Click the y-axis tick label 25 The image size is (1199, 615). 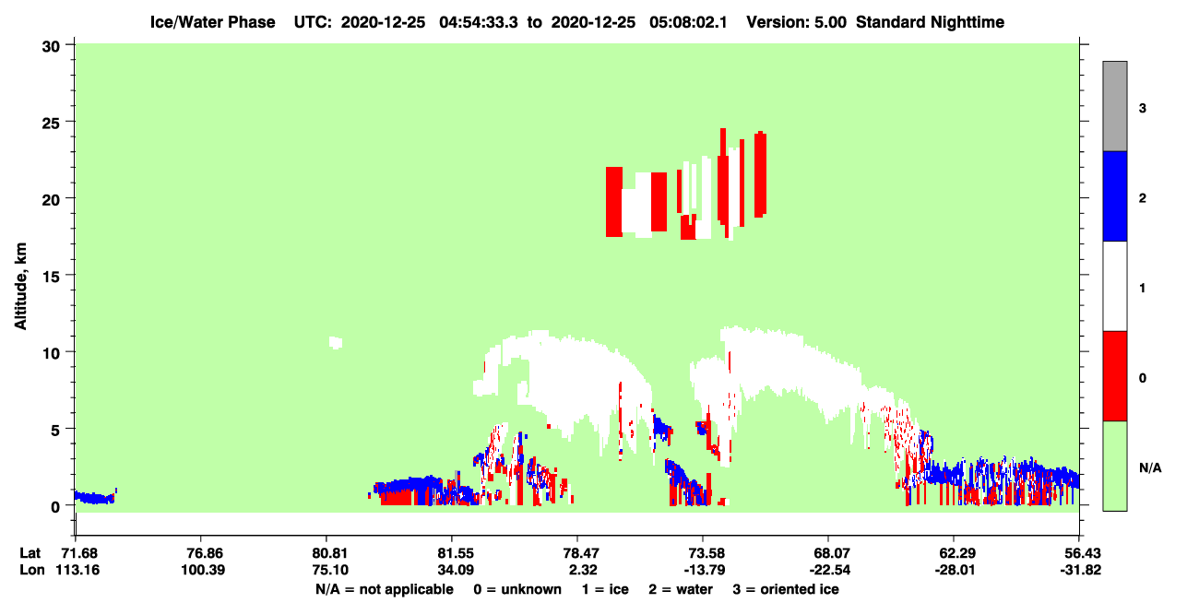[51, 123]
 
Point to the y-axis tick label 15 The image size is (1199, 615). [51, 277]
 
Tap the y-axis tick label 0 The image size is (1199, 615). [55, 506]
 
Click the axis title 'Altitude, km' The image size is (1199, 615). [20, 286]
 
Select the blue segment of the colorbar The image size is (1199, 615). [1115, 195]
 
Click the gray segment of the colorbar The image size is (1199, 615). [1115, 106]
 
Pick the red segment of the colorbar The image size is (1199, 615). [1115, 376]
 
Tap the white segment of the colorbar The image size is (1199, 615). [1115, 286]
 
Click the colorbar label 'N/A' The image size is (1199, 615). [1150, 468]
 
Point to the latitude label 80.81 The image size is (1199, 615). [330, 553]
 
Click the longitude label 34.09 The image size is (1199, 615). [456, 570]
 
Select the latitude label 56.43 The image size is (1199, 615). [1079, 553]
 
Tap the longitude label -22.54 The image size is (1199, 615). [830, 570]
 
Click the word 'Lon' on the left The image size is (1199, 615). [32, 570]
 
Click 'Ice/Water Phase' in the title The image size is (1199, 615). [212, 22]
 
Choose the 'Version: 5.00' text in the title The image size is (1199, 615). [797, 22]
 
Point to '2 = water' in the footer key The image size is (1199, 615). [681, 589]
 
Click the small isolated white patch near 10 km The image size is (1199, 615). [336, 343]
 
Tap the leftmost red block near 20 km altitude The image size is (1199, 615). [614, 202]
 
